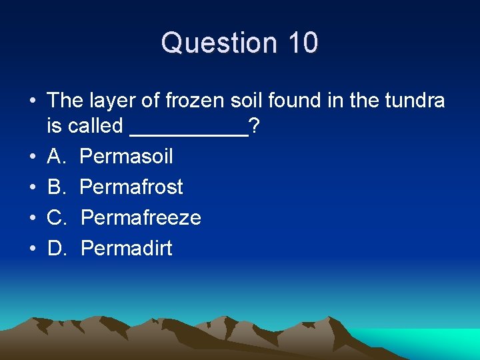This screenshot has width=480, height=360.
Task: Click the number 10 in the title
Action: [x=304, y=43]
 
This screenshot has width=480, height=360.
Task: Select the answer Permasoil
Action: [x=126, y=157]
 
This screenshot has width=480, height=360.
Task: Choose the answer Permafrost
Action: [x=131, y=187]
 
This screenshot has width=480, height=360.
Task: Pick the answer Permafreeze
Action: [x=141, y=218]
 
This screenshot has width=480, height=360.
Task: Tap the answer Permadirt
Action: [x=127, y=249]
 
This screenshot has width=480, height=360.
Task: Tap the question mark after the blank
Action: [x=254, y=125]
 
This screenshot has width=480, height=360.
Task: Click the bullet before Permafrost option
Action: [x=33, y=187]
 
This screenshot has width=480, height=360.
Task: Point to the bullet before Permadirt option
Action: [x=33, y=249]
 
